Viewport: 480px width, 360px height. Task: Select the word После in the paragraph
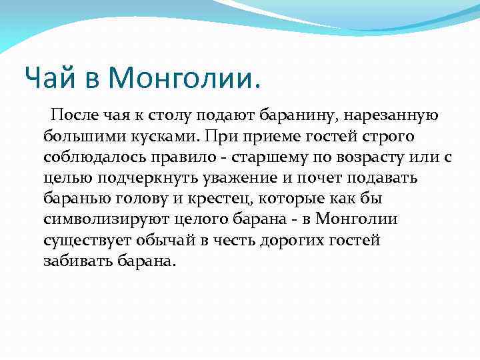(x=75, y=116)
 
